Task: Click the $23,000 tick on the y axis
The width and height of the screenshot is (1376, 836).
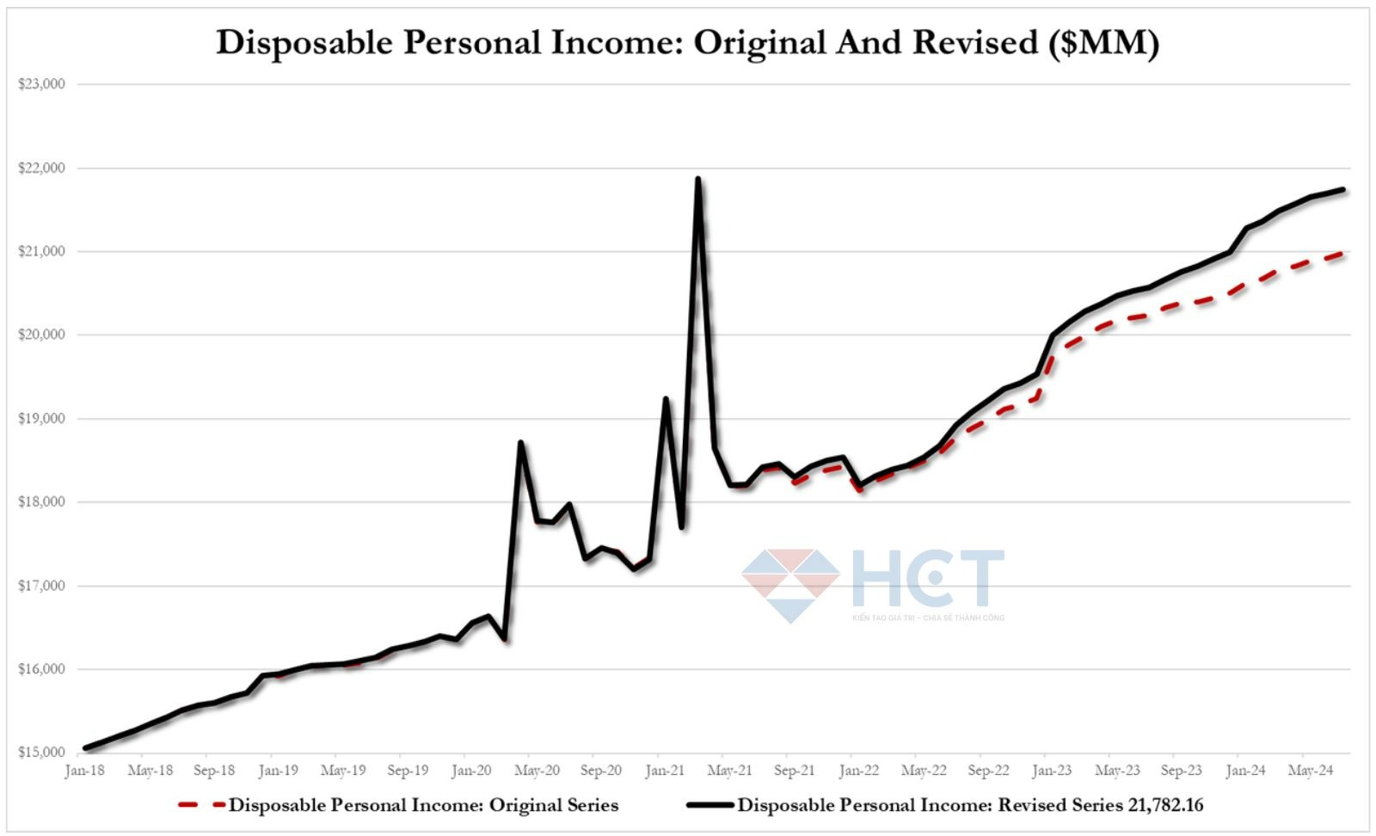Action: point(41,84)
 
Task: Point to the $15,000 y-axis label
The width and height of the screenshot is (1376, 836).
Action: point(41,753)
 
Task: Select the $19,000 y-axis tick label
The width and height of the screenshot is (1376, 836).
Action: point(41,419)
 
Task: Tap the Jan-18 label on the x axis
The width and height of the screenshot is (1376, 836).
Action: point(84,771)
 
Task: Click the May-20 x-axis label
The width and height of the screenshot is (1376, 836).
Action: point(537,771)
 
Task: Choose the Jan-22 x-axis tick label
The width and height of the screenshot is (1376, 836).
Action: point(859,771)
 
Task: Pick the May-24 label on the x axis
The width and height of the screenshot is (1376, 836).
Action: point(1311,771)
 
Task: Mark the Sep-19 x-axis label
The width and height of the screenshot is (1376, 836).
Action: point(408,771)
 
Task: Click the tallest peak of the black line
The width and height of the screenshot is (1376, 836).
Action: point(697,179)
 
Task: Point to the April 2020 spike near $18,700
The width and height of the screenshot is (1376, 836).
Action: point(520,442)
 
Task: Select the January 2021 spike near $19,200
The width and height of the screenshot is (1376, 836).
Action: point(666,398)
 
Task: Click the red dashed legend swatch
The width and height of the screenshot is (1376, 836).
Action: point(201,806)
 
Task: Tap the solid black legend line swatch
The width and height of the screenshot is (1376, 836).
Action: point(709,806)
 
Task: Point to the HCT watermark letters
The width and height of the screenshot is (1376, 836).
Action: point(927,579)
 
